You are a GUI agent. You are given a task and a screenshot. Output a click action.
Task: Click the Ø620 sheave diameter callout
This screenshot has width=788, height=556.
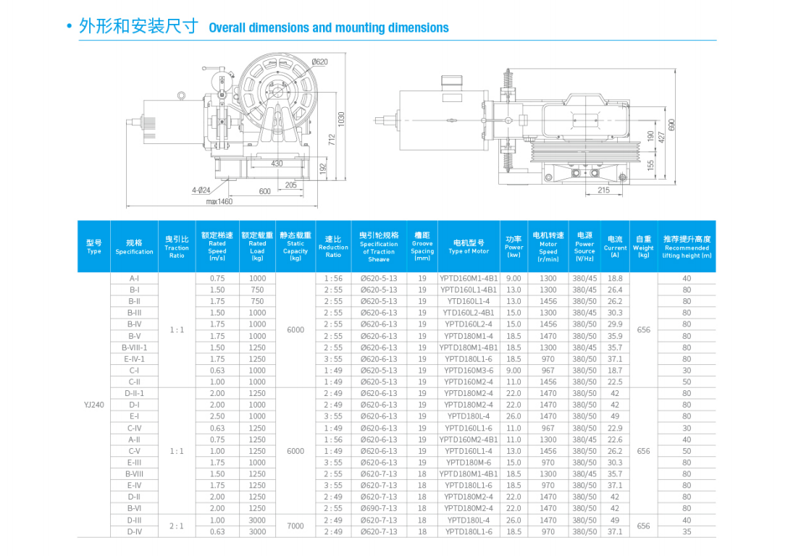pyautogui.click(x=319, y=62)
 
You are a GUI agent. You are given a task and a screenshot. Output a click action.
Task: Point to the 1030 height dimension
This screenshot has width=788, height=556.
pyautogui.click(x=341, y=119)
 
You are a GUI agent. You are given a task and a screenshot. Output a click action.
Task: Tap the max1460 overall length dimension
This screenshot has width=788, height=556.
pyautogui.click(x=219, y=201)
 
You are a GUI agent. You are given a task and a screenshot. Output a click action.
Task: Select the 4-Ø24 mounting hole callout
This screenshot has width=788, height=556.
pyautogui.click(x=201, y=190)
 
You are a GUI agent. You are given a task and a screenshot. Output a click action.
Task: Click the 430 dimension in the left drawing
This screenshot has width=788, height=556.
pyautogui.click(x=277, y=163)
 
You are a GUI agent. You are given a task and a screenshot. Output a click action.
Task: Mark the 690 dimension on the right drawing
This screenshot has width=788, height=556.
pyautogui.click(x=672, y=125)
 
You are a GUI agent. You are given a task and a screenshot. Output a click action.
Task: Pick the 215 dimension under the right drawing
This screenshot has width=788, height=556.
pyautogui.click(x=603, y=190)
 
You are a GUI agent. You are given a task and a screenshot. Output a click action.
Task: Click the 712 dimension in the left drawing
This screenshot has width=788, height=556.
pyautogui.click(x=332, y=140)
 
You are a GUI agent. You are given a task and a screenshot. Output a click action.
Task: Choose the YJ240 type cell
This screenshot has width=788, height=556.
pyautogui.click(x=94, y=405)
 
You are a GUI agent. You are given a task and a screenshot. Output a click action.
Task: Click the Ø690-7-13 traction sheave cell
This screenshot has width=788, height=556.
pyautogui.click(x=379, y=508)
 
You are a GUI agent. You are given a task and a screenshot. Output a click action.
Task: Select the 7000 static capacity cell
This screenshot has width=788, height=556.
pyautogui.click(x=295, y=526)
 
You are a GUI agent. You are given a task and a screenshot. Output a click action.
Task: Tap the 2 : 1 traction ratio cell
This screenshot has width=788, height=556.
pyautogui.click(x=177, y=526)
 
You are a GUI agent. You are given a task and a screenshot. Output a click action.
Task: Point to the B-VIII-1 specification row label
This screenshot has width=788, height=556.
pyautogui.click(x=134, y=347)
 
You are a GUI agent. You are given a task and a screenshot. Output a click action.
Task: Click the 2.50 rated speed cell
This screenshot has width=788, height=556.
pyautogui.click(x=217, y=416)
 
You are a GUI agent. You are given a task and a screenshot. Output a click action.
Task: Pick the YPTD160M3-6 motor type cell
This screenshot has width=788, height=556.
pyautogui.click(x=469, y=370)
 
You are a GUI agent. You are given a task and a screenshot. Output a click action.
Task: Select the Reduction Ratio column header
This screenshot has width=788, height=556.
pyautogui.click(x=333, y=247)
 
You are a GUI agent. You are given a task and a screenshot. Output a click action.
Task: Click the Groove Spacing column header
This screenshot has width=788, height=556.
pyautogui.click(x=422, y=247)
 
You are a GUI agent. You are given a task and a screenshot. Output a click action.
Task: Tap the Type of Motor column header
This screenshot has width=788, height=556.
pyautogui.click(x=469, y=247)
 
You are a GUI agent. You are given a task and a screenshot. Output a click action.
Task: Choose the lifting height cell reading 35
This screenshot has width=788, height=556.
pyautogui.click(x=687, y=531)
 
